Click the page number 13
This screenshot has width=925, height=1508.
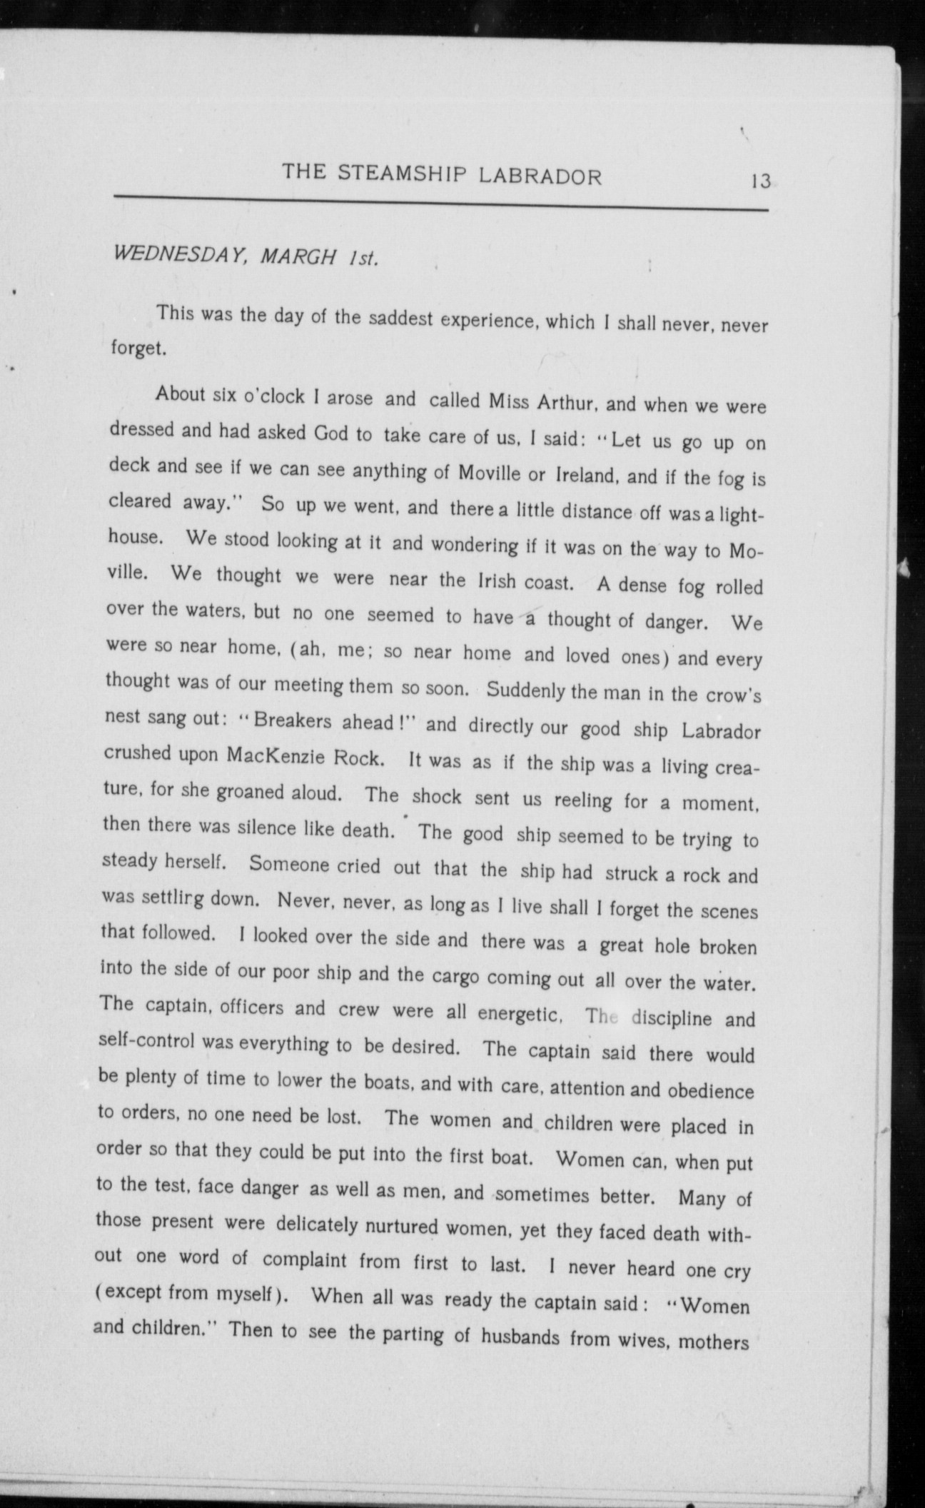tap(760, 181)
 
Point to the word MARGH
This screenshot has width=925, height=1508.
tap(298, 256)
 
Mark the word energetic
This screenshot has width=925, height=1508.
tap(521, 1012)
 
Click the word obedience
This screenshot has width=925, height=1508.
tap(711, 1091)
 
